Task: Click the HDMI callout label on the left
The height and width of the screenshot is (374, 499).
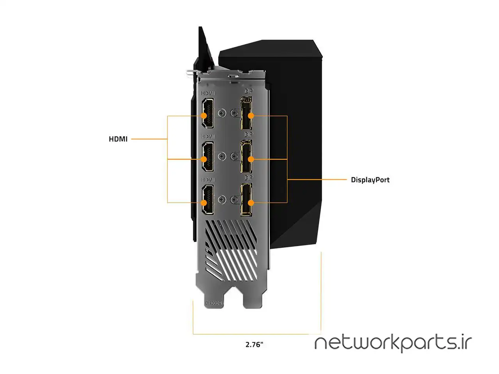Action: coord(118,139)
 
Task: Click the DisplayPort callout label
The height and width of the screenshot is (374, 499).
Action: coord(370,180)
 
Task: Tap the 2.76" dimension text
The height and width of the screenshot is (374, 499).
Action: coord(255,344)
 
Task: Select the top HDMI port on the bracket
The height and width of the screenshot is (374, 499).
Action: coord(207,113)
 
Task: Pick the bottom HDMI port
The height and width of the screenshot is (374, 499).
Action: coord(207,200)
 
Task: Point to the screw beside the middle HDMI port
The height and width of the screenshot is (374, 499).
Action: coord(222,156)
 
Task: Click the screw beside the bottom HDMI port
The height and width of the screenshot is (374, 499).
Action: coord(222,199)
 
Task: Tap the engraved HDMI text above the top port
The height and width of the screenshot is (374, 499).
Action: coord(208,93)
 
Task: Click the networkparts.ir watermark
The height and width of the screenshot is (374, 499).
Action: coord(393,343)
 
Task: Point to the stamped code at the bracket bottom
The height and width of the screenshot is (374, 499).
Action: coord(213,303)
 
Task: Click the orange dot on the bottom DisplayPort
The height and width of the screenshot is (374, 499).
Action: coord(251,203)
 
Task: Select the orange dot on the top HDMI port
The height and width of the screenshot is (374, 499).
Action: coord(203,116)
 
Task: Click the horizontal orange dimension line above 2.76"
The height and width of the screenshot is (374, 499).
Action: coord(257,334)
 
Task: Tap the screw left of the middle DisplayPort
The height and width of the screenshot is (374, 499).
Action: coord(234,156)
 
